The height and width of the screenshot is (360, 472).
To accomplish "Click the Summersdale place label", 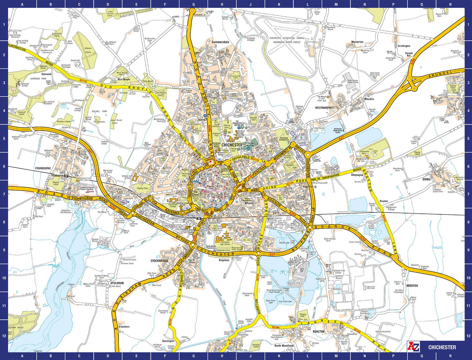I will pyautogui.click(x=220, y=42).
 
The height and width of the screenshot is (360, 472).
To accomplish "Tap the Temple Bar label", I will pyautogui.click(x=409, y=54).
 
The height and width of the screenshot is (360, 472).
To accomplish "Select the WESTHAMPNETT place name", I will pyautogui.click(x=325, y=108).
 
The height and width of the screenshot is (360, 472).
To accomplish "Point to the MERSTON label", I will pyautogui.click(x=412, y=285).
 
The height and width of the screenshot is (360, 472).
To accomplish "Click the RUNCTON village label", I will pyautogui.click(x=318, y=331).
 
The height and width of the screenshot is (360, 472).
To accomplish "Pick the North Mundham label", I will pyautogui.click(x=284, y=346).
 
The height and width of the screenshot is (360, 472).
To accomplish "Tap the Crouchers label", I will pyautogui.click(x=124, y=327).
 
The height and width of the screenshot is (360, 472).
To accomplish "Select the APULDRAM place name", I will pyautogui.click(x=117, y=283).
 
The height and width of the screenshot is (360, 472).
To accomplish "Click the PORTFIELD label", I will pyautogui.click(x=309, y=187).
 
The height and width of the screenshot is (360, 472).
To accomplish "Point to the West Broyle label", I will pyautogui.click(x=123, y=79).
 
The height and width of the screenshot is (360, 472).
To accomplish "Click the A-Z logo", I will pyautogui.click(x=413, y=347).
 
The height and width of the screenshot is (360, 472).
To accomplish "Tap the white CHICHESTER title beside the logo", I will pyautogui.click(x=442, y=347).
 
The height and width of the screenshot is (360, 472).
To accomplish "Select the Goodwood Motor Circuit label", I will pyautogui.click(x=287, y=42).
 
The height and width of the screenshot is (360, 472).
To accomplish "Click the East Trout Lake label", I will pyautogui.click(x=285, y=301).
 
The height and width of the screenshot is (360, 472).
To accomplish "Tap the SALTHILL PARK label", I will pyautogui.click(x=100, y=111).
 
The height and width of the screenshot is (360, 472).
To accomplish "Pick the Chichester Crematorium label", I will pyautogui.click(x=284, y=139).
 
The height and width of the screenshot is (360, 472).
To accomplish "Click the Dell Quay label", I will pyautogui.click(x=71, y=296).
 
